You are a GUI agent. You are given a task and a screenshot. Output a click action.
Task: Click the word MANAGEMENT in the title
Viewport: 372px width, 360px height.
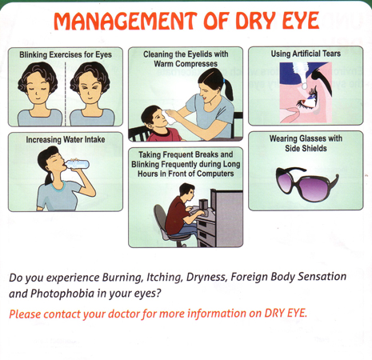pos(126,21)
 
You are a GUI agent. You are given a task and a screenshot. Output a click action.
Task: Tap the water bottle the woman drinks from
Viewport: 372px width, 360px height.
pos(77,164)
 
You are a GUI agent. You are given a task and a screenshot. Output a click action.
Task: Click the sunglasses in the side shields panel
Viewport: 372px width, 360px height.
pos(307,184)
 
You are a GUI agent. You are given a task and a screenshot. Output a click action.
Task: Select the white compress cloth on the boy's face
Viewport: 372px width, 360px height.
pos(170,117)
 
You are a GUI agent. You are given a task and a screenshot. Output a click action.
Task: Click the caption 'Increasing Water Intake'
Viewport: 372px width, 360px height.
pos(66,139)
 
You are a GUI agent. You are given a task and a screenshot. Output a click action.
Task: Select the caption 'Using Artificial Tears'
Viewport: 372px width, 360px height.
pos(306,54)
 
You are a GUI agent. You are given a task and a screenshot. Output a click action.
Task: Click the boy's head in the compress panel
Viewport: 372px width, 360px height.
pos(154,117)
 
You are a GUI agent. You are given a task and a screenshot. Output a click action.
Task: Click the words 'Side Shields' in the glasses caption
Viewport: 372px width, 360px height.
pos(306,148)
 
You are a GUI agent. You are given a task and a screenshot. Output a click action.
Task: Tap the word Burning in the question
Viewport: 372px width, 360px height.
pos(123,278)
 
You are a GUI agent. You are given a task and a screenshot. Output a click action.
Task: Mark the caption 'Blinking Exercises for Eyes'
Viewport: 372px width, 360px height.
pos(66,54)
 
